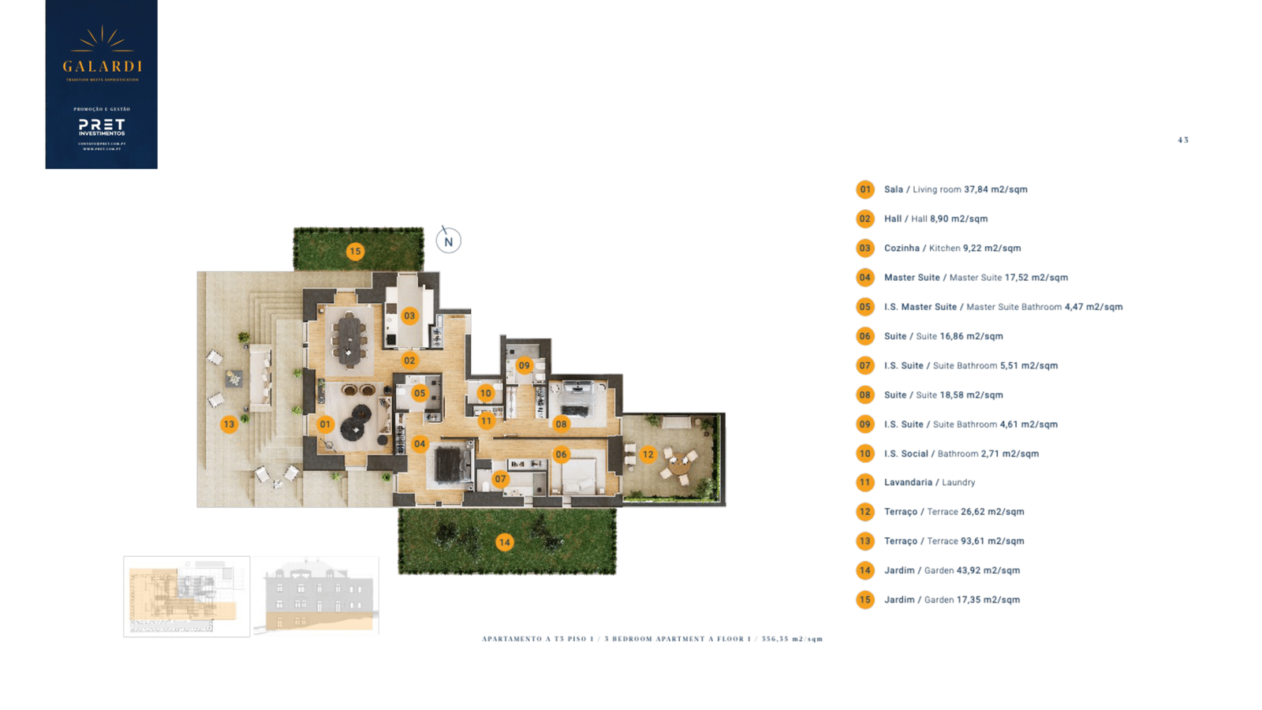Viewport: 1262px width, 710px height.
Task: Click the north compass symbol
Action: (x=448, y=241)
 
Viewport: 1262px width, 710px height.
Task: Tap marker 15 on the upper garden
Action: (x=355, y=252)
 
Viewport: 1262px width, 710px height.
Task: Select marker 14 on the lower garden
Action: (x=504, y=542)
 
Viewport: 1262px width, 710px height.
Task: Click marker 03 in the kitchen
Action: (x=409, y=316)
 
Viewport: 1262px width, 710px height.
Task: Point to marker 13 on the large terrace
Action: (x=229, y=424)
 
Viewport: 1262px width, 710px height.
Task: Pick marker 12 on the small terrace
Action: (x=648, y=454)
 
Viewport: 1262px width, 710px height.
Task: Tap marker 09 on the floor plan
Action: (x=524, y=365)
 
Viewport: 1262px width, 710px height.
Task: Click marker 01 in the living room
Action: (x=325, y=424)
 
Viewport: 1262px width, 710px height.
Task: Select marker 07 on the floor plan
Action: (x=500, y=479)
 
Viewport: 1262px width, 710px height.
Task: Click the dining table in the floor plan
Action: (x=348, y=340)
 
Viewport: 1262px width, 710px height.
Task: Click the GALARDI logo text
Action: (x=102, y=66)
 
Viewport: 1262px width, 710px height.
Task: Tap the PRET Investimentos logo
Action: (x=102, y=127)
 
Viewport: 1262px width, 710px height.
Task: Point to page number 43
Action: (x=1182, y=140)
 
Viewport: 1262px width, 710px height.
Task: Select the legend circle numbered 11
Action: (x=865, y=482)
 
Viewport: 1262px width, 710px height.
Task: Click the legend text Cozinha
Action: (x=902, y=248)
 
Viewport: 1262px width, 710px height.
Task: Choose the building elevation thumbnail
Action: (x=316, y=596)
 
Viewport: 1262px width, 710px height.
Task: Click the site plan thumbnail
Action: (x=187, y=596)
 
